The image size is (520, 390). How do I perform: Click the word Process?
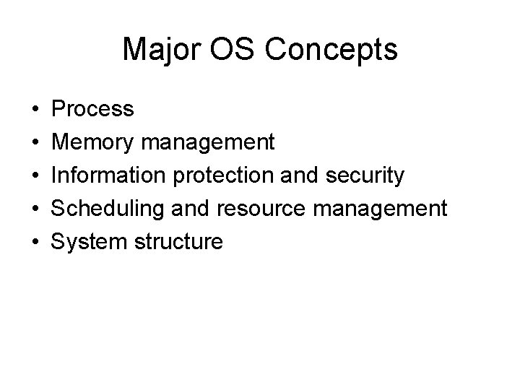click(x=93, y=109)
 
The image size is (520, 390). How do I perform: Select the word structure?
click(x=178, y=242)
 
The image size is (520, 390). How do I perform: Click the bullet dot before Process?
click(x=36, y=110)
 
